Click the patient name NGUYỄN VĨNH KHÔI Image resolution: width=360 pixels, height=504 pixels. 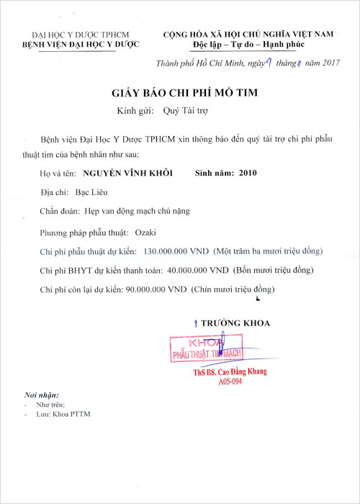point(133,174)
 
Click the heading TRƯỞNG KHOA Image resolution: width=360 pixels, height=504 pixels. point(235,323)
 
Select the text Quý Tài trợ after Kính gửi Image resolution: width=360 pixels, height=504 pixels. point(186,112)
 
